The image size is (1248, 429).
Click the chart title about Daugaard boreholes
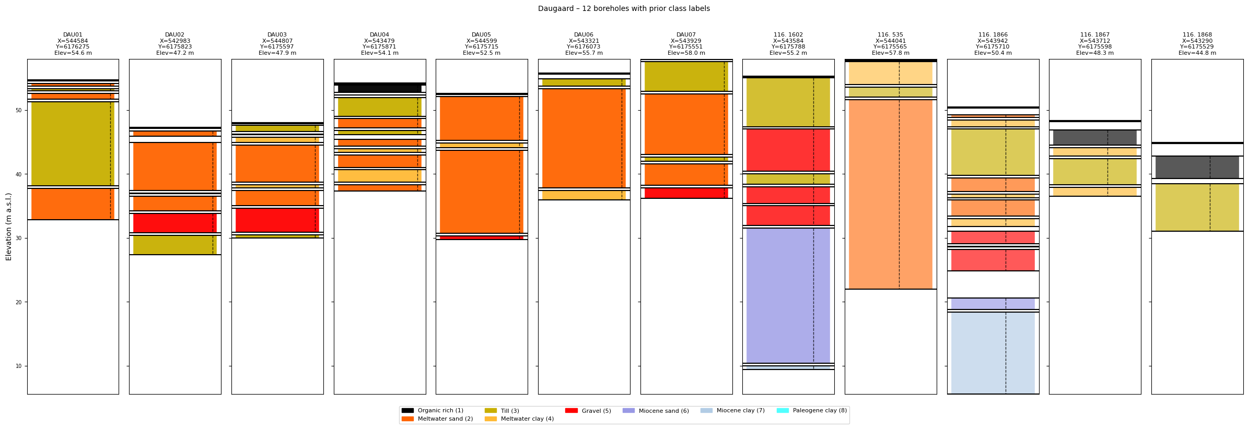(624, 9)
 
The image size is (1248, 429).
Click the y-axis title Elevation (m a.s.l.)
(9, 227)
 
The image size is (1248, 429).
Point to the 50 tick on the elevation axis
(18, 110)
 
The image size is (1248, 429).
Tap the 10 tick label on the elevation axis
(18, 366)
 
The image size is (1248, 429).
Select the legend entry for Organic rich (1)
(440, 411)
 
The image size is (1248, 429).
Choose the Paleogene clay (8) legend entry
(820, 411)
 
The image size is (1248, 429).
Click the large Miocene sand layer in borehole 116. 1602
(788, 295)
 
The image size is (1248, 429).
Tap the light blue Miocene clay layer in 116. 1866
(993, 353)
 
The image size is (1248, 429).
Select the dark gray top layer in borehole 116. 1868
(1197, 167)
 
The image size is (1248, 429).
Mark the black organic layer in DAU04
(379, 89)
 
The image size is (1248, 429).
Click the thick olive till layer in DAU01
(73, 144)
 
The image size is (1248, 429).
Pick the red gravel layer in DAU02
(174, 223)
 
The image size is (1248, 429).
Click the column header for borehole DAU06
(584, 44)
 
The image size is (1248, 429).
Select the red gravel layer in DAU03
(277, 220)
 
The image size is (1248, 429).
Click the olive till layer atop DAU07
(686, 76)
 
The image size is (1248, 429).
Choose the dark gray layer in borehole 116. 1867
(1094, 137)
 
